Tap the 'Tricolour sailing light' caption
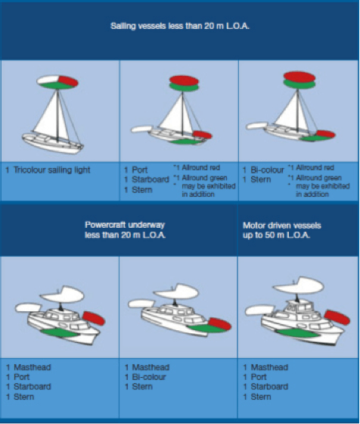pyautogui.click(x=51, y=170)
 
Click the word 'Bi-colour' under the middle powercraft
pyautogui.click(x=151, y=376)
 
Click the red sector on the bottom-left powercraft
pyautogui.click(x=95, y=316)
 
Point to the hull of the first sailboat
pyautogui.click(x=45, y=142)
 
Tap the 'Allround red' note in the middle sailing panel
pyautogui.click(x=200, y=166)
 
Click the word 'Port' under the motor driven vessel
pyautogui.click(x=258, y=376)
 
